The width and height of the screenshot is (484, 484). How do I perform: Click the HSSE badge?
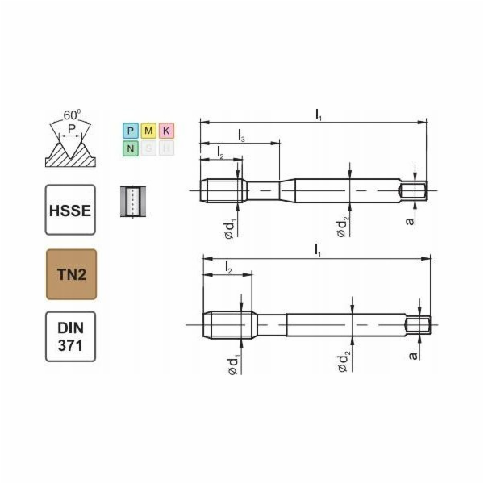pos(70,210)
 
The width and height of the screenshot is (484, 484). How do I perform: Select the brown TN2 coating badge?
pos(70,274)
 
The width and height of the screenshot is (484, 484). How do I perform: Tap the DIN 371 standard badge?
pos(70,336)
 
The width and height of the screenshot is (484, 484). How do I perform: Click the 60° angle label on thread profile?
pos(71,113)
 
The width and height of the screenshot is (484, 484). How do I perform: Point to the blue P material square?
pos(130,131)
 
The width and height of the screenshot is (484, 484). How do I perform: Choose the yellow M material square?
pos(148,131)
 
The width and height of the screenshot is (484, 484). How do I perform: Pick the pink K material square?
pos(166,131)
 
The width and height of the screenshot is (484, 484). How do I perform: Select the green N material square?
pos(130,148)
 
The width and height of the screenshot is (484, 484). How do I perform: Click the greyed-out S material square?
pos(148,148)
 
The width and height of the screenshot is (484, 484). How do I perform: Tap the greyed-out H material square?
pos(166,148)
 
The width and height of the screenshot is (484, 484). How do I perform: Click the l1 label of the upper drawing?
pos(318,115)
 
